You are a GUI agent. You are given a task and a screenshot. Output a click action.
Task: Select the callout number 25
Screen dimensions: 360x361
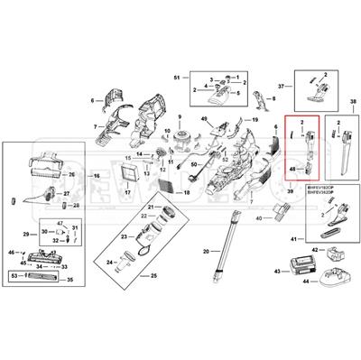pos(154,273)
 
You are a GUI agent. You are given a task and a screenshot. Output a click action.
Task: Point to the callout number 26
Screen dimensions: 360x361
pos(64,180)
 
